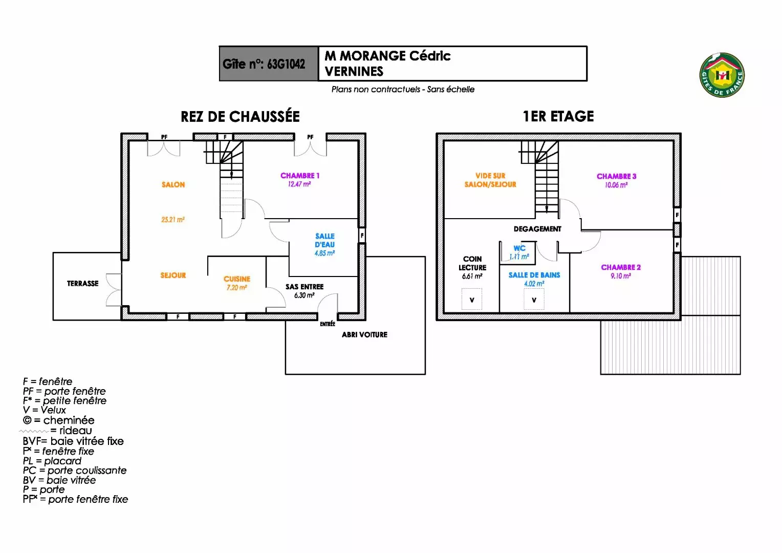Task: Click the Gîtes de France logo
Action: click(x=722, y=75)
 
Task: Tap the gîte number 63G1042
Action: click(x=264, y=64)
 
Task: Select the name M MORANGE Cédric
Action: click(x=387, y=56)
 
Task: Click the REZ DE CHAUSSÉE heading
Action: click(x=240, y=117)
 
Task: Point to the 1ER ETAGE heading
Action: click(x=558, y=117)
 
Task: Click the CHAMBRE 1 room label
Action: click(x=300, y=176)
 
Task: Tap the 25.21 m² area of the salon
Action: click(x=173, y=220)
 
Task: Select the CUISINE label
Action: click(x=237, y=279)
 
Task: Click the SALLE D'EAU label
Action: click(x=325, y=240)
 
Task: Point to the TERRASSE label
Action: click(x=83, y=284)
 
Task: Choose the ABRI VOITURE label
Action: click(x=364, y=335)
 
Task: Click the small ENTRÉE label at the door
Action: click(x=328, y=324)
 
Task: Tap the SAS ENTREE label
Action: click(x=305, y=287)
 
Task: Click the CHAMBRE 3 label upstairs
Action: click(x=617, y=176)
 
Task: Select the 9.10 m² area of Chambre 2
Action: click(x=621, y=276)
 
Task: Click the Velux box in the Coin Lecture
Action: click(x=472, y=300)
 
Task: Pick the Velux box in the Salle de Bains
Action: click(x=534, y=300)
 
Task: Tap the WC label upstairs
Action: click(x=519, y=248)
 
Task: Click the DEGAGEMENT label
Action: click(x=537, y=229)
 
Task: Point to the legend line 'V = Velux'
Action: click(x=45, y=410)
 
